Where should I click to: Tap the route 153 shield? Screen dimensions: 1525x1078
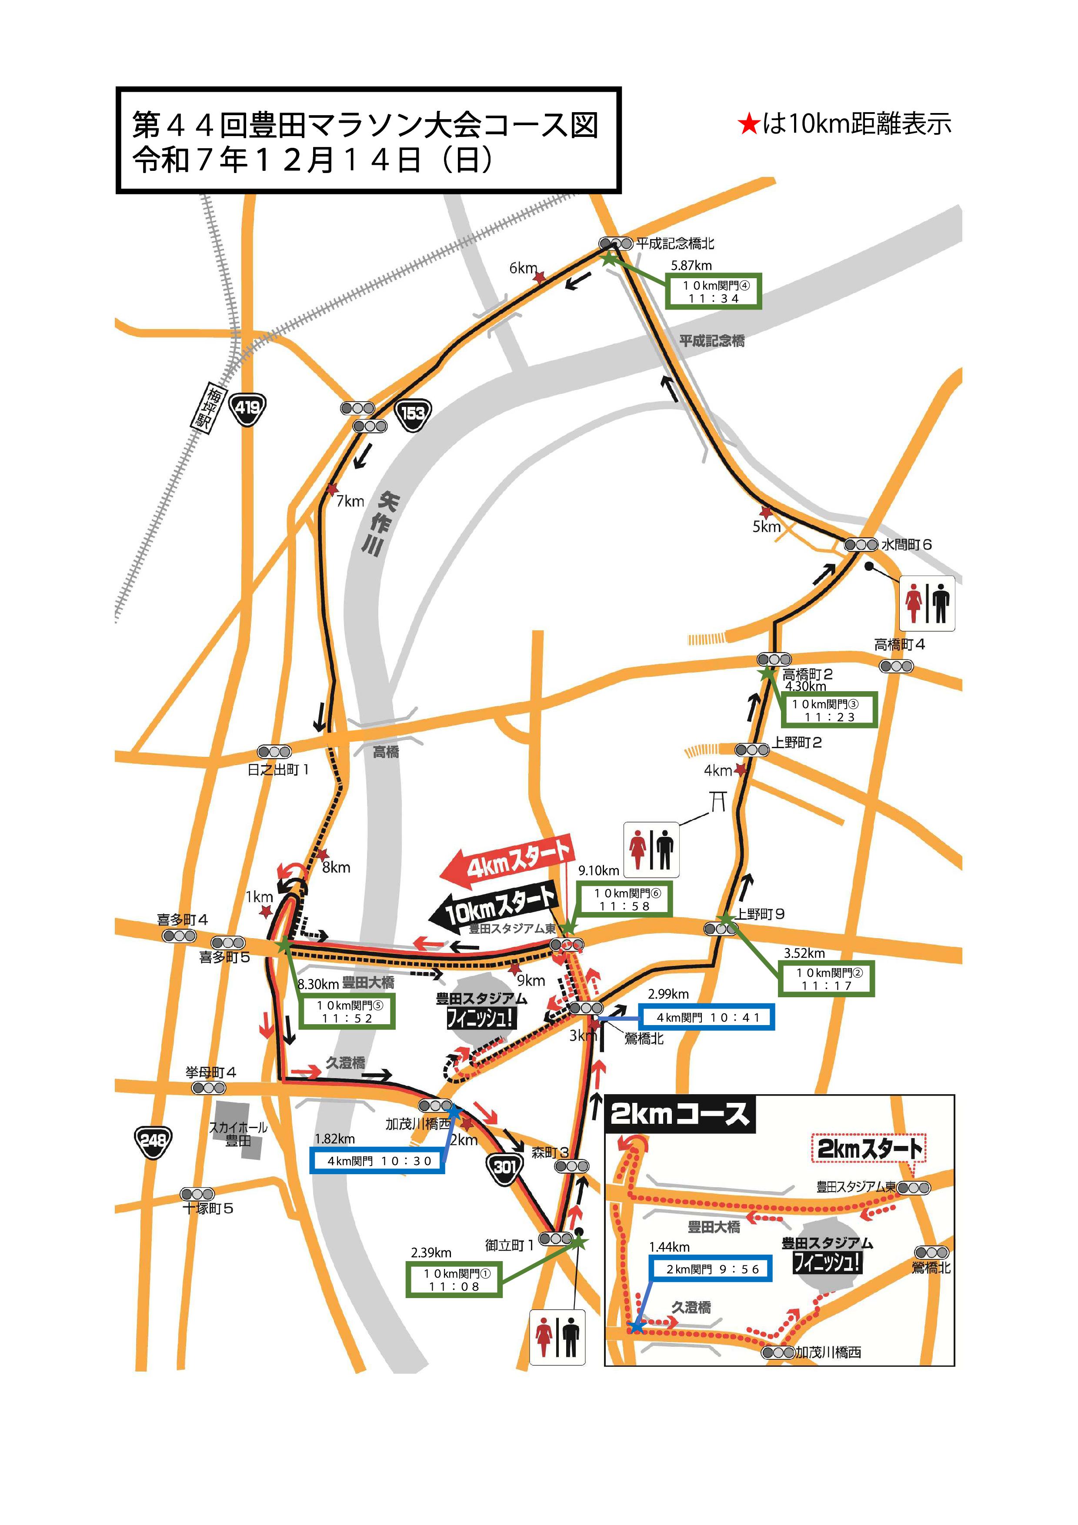point(413,414)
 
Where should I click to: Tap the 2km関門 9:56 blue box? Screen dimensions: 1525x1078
point(710,1269)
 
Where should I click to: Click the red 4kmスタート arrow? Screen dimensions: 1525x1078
point(507,862)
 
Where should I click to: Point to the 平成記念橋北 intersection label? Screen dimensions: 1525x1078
point(675,244)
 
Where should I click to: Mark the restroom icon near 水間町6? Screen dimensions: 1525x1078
point(927,603)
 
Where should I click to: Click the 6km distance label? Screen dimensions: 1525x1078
point(523,268)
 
